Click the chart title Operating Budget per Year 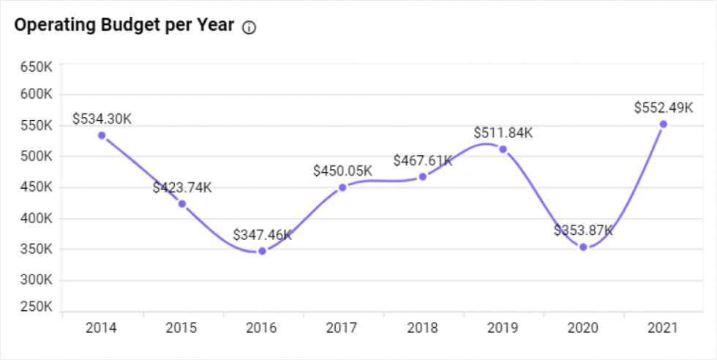coord(124,26)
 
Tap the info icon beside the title coord(249,28)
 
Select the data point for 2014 coord(102,135)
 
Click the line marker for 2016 coord(262,251)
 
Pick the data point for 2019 coord(503,149)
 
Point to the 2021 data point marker coord(664,124)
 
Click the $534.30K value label coord(102,119)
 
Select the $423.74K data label coord(182,187)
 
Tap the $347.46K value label coord(262,235)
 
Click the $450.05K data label coord(342,170)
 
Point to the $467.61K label coord(423,160)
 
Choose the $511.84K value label coord(503,132)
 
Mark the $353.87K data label coord(583,230)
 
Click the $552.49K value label coord(664,108)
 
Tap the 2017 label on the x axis coord(342,328)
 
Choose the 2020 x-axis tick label coord(583,328)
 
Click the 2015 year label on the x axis coord(182,328)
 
